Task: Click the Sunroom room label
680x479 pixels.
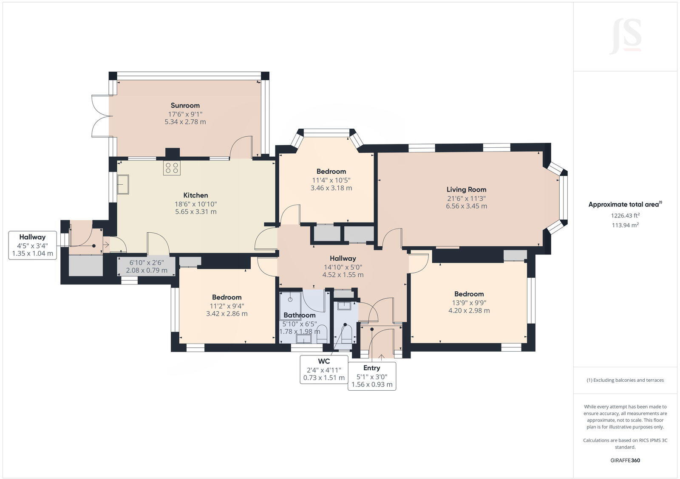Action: point(185,105)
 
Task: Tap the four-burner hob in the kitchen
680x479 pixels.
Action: point(172,168)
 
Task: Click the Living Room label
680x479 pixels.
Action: point(466,189)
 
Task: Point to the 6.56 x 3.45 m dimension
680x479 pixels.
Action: point(466,206)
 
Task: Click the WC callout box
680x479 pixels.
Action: point(324,369)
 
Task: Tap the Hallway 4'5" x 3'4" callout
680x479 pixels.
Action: point(32,245)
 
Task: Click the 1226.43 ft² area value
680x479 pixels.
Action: point(625,215)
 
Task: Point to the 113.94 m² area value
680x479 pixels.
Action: point(625,225)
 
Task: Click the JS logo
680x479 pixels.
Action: point(625,37)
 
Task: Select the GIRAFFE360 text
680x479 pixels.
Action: point(625,460)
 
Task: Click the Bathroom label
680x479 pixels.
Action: point(299,315)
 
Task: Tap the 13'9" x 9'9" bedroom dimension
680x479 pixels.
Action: point(469,303)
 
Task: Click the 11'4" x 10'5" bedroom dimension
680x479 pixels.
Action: point(331,180)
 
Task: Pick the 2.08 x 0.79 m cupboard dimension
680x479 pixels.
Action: point(147,270)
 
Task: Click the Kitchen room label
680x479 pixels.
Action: point(195,195)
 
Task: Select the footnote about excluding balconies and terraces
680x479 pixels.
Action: point(625,380)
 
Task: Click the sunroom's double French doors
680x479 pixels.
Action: point(100,116)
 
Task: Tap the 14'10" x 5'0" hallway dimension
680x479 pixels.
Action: point(343,267)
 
